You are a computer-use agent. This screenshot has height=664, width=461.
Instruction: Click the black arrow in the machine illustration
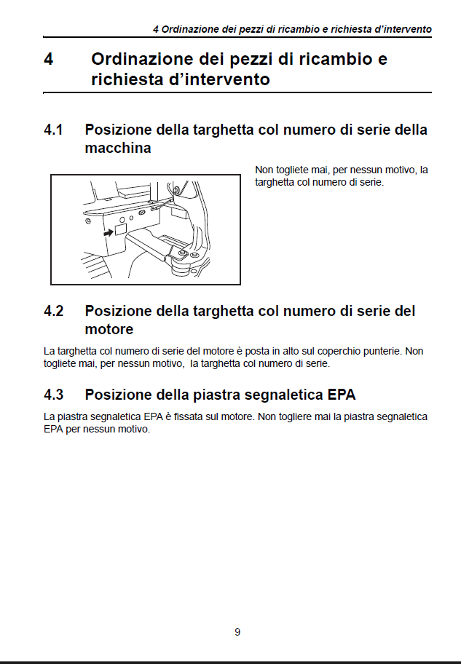click(109, 232)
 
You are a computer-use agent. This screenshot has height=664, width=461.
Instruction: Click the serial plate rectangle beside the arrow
click(121, 229)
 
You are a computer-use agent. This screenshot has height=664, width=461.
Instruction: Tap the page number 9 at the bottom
click(237, 632)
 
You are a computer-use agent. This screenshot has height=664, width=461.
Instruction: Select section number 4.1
click(54, 130)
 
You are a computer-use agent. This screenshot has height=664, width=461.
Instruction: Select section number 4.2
click(54, 311)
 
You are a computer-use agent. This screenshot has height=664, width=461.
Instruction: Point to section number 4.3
click(54, 395)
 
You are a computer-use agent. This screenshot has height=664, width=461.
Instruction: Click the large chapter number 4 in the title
click(49, 60)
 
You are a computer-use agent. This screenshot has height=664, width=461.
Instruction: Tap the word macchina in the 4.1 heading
click(118, 148)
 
